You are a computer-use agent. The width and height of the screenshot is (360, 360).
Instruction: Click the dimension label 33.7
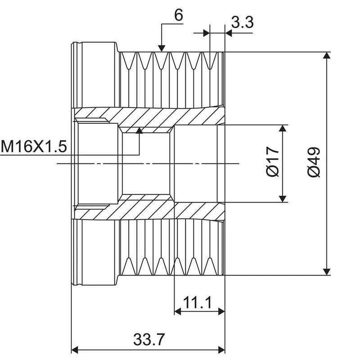[149, 339]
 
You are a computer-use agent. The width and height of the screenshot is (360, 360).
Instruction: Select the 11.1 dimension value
[197, 303]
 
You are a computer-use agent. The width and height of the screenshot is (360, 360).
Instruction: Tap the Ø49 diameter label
[314, 162]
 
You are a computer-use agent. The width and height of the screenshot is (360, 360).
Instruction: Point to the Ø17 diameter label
[273, 162]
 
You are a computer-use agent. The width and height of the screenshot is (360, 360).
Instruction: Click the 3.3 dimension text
[242, 22]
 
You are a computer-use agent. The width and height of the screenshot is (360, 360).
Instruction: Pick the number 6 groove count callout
[179, 16]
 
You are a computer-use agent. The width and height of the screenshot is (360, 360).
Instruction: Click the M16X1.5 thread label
[34, 147]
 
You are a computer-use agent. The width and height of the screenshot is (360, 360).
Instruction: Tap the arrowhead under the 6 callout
[162, 49]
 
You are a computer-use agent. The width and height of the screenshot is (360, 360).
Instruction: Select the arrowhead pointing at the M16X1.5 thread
[139, 130]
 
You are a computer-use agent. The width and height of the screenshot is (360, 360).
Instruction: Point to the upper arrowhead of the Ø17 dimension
[283, 128]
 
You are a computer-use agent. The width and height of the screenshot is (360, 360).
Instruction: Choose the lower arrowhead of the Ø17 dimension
[283, 199]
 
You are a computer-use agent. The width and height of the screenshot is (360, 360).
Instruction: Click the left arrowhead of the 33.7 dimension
[75, 350]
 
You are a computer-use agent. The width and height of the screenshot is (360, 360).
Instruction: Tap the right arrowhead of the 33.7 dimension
[221, 350]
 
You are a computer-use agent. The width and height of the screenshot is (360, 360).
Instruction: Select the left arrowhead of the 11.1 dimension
[178, 311]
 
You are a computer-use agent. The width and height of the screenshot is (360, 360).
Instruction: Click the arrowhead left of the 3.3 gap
[207, 33]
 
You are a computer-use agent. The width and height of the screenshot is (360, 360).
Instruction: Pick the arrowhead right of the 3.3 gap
[229, 33]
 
